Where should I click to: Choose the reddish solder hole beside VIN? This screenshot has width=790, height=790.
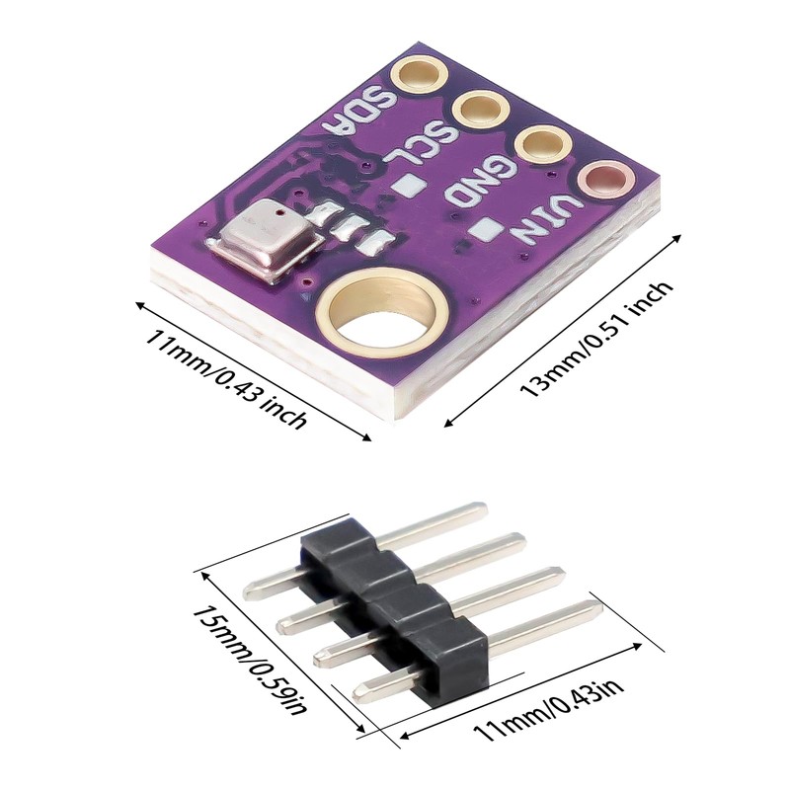(605, 181)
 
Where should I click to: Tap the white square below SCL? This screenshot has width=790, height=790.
(407, 185)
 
